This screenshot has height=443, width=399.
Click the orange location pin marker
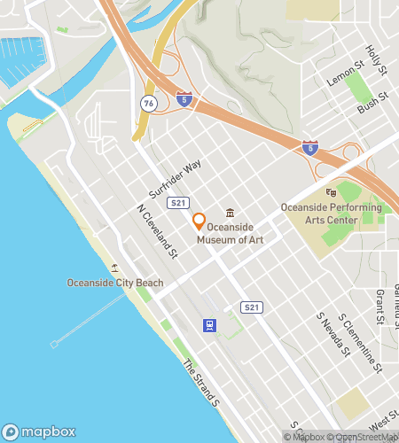pyautogui.click(x=199, y=221)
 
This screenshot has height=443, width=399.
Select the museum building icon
pyautogui.click(x=231, y=213)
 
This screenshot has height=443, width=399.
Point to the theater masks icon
pyautogui.click(x=331, y=192)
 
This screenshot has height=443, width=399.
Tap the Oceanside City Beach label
pyautogui.click(x=115, y=283)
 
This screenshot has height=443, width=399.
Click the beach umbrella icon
pyautogui.click(x=114, y=268)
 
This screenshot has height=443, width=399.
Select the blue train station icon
pyautogui.click(x=209, y=325)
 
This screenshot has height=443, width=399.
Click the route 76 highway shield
pyautogui.click(x=145, y=104)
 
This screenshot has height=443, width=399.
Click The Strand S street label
pyautogui.click(x=200, y=384)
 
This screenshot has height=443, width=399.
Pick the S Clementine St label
pyautogui.click(x=359, y=342)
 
